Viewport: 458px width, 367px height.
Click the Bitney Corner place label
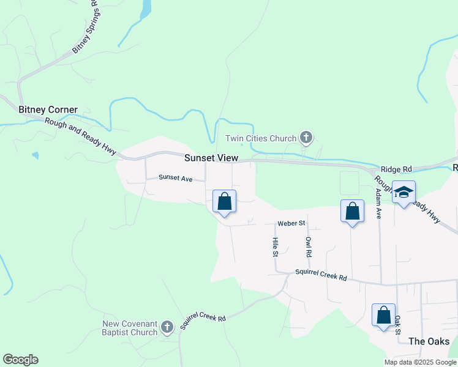click(x=48, y=110)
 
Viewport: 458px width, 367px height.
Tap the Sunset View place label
click(x=211, y=158)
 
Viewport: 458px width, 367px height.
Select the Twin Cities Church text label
click(x=261, y=139)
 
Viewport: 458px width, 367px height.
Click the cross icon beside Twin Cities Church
click(x=307, y=138)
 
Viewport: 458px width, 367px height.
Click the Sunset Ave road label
click(x=176, y=178)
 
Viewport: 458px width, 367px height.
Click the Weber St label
click(x=291, y=223)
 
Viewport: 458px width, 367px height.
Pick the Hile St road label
click(x=276, y=247)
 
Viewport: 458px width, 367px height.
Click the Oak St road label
click(x=397, y=325)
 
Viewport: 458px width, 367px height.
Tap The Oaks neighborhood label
click(x=429, y=341)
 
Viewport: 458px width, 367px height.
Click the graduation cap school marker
click(x=404, y=193)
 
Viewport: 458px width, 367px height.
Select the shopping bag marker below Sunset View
click(x=225, y=201)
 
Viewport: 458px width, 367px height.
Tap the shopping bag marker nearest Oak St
click(x=383, y=315)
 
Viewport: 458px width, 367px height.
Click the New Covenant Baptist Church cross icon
click(x=167, y=328)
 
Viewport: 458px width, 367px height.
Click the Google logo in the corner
click(x=20, y=360)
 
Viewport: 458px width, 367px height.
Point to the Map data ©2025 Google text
click(x=421, y=362)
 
